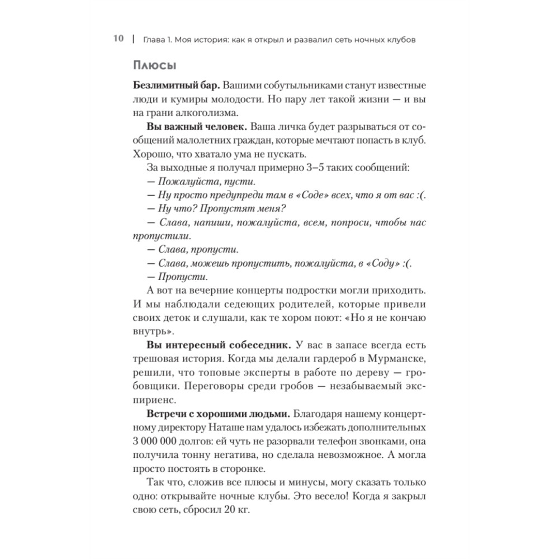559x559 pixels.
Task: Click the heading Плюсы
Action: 155,65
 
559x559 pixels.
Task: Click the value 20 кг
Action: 239,509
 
